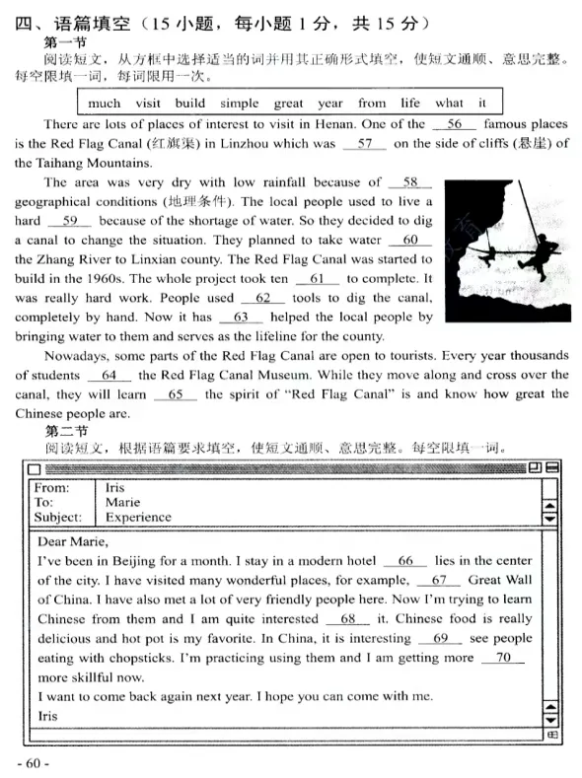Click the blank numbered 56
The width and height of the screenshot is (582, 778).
[x=455, y=124]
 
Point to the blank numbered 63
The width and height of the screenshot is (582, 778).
[x=241, y=318]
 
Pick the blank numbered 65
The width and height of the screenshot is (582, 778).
[x=177, y=394]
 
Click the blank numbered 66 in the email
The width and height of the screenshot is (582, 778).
[x=405, y=560]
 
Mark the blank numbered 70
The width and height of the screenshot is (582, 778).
[x=503, y=658]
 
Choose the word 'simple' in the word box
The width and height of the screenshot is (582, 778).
[x=239, y=103]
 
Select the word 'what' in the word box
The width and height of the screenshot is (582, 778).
[x=449, y=103]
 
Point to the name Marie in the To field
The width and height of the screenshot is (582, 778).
[x=122, y=502]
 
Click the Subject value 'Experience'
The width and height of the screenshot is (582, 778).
[x=138, y=517]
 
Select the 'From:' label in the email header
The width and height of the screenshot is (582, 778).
[x=51, y=487]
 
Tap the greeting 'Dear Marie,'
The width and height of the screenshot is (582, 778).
[x=72, y=540]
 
